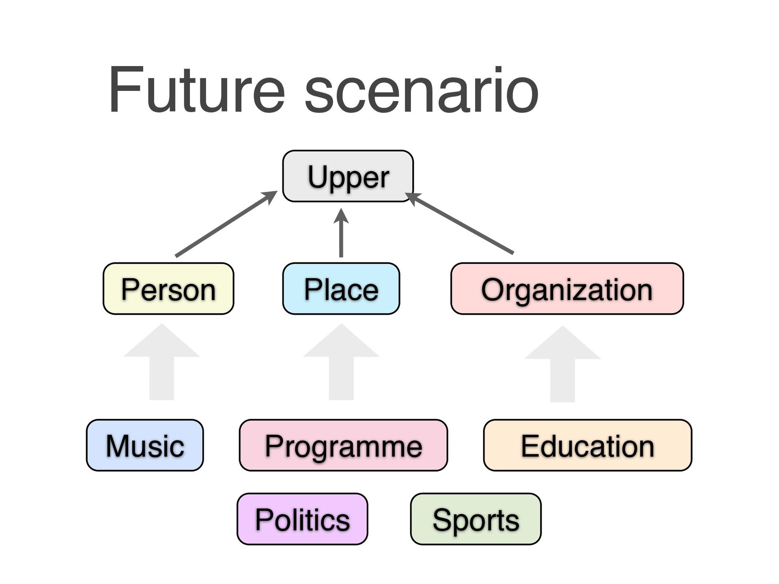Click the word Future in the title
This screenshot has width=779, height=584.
coord(196,90)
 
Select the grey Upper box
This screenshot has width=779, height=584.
coord(348,176)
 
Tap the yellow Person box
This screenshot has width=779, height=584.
coord(168,289)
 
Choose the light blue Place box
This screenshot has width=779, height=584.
coord(341,289)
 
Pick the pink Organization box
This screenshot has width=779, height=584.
coord(567,289)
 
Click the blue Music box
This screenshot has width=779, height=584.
coord(145,445)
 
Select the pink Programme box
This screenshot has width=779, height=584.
coord(343,445)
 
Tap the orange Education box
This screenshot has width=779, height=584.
coord(587,445)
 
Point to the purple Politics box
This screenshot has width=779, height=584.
coord(302,519)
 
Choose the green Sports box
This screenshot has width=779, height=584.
coord(476,519)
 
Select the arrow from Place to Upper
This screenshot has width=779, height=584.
coord(341,235)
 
